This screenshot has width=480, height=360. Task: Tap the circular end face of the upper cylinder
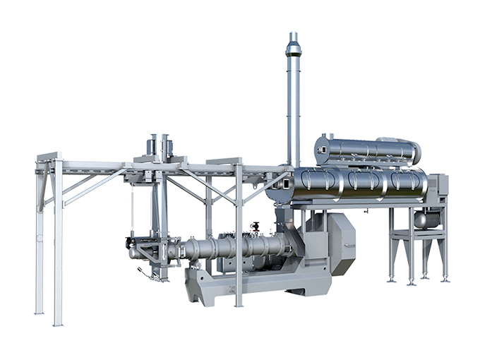click(323, 150)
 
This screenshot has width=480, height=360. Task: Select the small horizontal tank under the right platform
click(426, 220)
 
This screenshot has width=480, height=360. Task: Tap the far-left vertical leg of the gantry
click(40, 240)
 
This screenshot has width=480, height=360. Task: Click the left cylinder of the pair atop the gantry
click(152, 145)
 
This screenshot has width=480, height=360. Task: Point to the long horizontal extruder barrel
click(233, 247)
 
